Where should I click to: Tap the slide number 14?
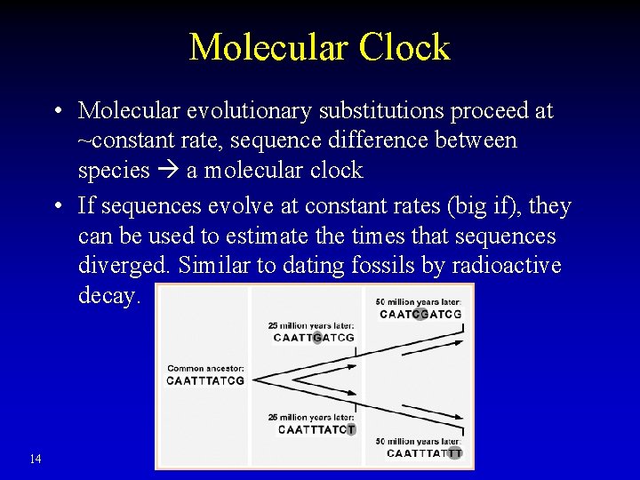point(36,459)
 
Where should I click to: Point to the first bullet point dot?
point(56,112)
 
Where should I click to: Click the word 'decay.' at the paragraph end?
point(109,296)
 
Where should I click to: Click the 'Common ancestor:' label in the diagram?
point(204,368)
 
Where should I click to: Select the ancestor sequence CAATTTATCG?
point(204,380)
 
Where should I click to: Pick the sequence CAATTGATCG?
point(314,338)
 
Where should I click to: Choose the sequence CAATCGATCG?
point(420,314)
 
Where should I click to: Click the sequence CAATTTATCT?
point(316,429)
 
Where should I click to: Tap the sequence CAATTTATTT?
point(424,453)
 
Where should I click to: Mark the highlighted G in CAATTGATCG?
point(317,338)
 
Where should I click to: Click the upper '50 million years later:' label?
point(418,301)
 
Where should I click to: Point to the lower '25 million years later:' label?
point(311,417)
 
